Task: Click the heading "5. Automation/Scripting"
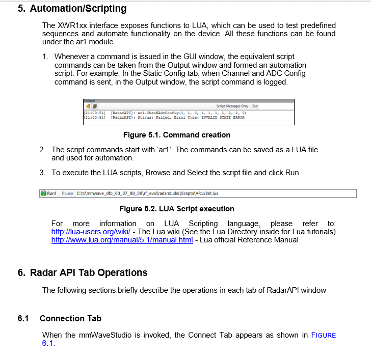72,9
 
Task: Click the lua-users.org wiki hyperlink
91,232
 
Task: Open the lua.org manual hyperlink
122,240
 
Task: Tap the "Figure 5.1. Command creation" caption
176,135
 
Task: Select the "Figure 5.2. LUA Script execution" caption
176,209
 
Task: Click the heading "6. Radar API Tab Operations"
83,272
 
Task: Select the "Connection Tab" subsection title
70,319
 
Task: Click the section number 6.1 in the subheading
23,319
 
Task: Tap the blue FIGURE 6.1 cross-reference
323,335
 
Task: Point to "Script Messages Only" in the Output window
232,106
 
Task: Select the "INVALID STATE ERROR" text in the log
223,117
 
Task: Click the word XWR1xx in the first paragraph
73,25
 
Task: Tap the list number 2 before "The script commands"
42,150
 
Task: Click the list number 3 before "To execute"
42,173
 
